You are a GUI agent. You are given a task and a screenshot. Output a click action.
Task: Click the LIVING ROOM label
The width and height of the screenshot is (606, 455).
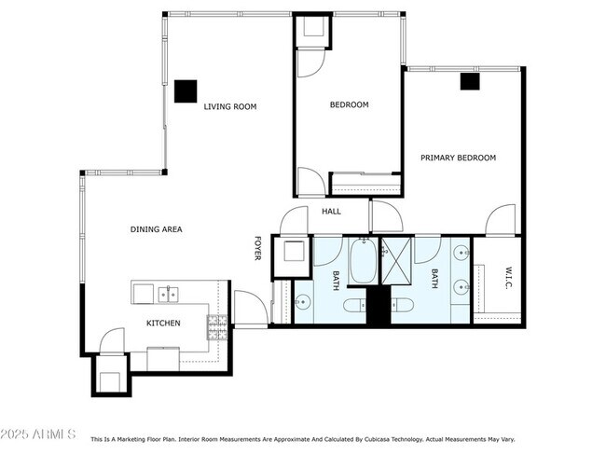point(229,107)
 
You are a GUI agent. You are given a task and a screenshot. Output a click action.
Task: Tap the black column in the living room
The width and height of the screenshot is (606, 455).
point(186,90)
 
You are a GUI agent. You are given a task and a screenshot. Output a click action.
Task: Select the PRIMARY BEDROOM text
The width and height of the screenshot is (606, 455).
point(457,158)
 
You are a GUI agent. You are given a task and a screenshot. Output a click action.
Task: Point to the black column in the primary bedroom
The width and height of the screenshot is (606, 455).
point(469,81)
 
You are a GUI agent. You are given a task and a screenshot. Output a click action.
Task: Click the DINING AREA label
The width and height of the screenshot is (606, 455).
point(156,228)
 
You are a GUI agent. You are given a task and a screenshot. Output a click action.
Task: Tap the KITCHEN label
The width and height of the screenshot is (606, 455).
point(163,324)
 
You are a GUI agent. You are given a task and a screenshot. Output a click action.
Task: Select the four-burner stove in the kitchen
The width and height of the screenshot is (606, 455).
point(216,325)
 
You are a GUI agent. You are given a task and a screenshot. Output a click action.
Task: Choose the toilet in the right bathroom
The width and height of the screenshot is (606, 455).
point(401,305)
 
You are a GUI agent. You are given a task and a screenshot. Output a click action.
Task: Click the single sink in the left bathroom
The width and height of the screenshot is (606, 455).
point(303,301)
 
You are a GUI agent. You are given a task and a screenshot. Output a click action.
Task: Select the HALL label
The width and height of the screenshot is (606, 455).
point(331,212)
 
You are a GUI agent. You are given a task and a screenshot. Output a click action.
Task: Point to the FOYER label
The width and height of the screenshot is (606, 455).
point(257,248)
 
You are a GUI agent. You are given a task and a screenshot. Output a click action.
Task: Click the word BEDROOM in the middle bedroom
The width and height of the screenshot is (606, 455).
point(349,105)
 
